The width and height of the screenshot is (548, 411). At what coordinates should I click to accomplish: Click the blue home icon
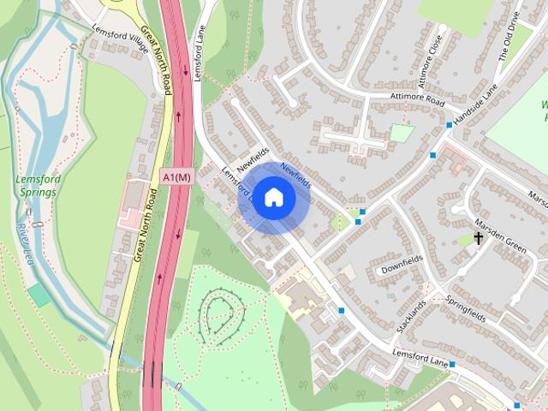click(x=273, y=198)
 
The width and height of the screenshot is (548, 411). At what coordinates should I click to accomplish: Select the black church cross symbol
click(x=478, y=239)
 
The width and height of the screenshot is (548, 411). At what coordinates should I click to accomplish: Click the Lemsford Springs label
click(x=36, y=186)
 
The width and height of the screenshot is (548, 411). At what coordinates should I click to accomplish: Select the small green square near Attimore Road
click(x=401, y=134)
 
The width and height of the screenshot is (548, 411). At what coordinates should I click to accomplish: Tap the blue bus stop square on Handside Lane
click(x=449, y=125)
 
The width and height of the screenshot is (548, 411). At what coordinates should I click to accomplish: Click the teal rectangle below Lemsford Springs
click(x=39, y=295)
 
